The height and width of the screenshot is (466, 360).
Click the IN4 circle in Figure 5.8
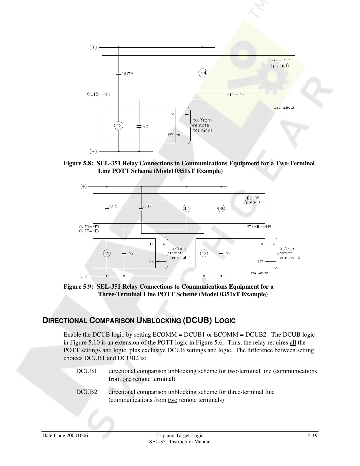(x=203, y=73)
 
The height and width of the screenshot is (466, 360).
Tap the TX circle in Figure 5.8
(x=119, y=126)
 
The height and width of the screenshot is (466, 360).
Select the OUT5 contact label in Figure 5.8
(x=127, y=74)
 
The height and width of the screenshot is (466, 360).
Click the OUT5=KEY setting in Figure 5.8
(x=99, y=94)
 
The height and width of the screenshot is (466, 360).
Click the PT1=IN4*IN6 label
(x=259, y=227)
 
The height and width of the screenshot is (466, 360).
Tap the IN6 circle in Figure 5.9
(x=221, y=209)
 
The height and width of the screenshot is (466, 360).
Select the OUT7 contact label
(x=147, y=206)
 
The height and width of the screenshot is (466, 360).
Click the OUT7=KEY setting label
(x=89, y=231)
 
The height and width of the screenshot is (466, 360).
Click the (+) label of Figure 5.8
(x=93, y=47)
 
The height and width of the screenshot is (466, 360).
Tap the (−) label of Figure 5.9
(x=84, y=276)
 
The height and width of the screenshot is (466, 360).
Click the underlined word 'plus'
(x=134, y=350)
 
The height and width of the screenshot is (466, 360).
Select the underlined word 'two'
(x=172, y=400)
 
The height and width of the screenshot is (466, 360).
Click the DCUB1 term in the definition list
(x=86, y=371)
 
